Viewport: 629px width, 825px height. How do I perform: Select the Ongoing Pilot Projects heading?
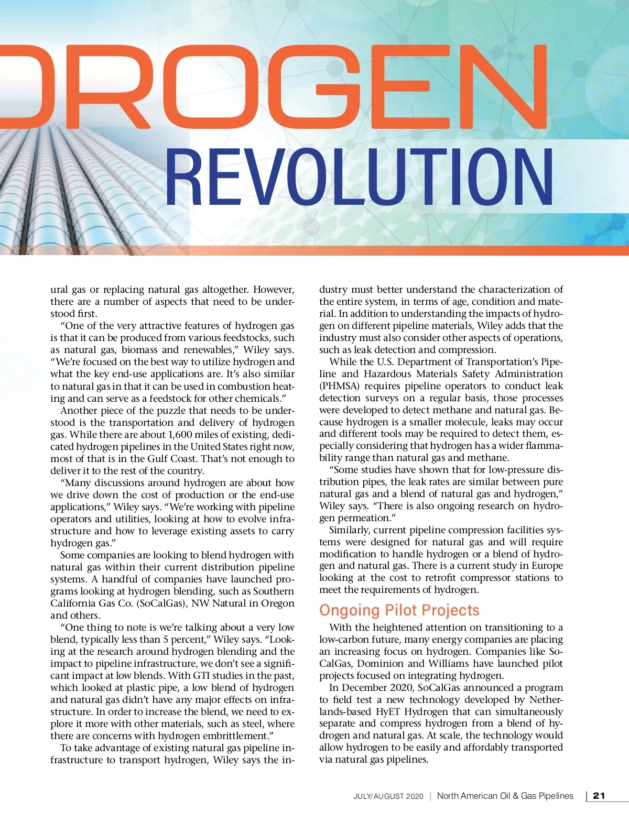[x=399, y=610]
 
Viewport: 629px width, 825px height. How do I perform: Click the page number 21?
[x=599, y=796]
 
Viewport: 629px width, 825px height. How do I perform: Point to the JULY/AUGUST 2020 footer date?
[x=388, y=796]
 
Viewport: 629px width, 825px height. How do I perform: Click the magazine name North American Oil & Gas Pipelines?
[x=505, y=796]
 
